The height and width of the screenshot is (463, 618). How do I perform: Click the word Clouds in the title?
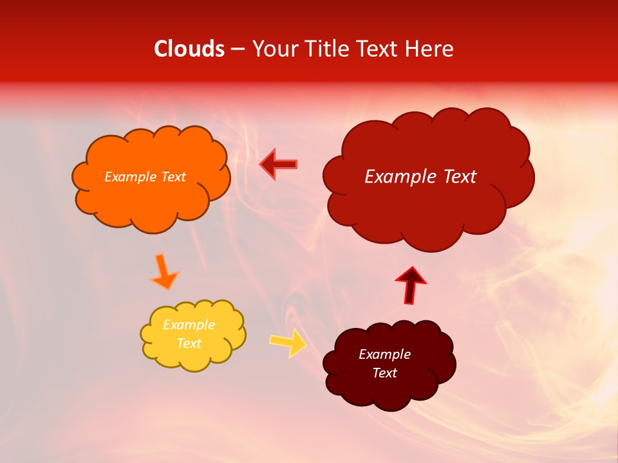pyautogui.click(x=189, y=49)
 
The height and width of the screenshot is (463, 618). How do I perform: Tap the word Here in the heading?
pyautogui.click(x=429, y=49)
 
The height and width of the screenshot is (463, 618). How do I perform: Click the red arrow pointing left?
pyautogui.click(x=279, y=164)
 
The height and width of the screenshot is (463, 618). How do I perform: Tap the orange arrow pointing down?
pyautogui.click(x=164, y=271)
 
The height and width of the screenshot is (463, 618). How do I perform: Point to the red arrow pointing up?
pyautogui.click(x=410, y=285)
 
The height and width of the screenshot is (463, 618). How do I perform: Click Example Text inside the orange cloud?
pyautogui.click(x=145, y=177)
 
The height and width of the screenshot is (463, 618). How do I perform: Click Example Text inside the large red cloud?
pyautogui.click(x=420, y=177)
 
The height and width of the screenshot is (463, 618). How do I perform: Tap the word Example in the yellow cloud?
pyautogui.click(x=189, y=325)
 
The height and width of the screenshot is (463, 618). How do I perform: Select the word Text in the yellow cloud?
pyautogui.click(x=189, y=343)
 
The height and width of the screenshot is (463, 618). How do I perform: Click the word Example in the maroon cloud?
pyautogui.click(x=384, y=354)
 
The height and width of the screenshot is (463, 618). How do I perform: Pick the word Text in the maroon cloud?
pyautogui.click(x=384, y=373)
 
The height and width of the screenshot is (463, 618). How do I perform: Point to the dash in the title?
pyautogui.click(x=238, y=50)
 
